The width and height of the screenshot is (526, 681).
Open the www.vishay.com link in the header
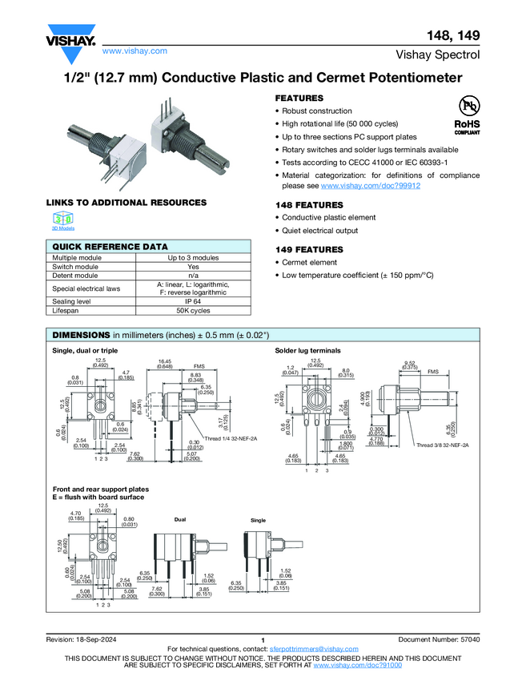pos(135,50)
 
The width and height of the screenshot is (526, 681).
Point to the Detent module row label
pos(76,275)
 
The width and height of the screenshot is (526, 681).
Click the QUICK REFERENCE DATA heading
pos(110,248)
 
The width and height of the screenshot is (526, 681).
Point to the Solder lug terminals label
pos(308,351)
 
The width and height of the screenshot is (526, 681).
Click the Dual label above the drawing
pos(180,520)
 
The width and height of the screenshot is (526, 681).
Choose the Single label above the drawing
pos(258,520)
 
